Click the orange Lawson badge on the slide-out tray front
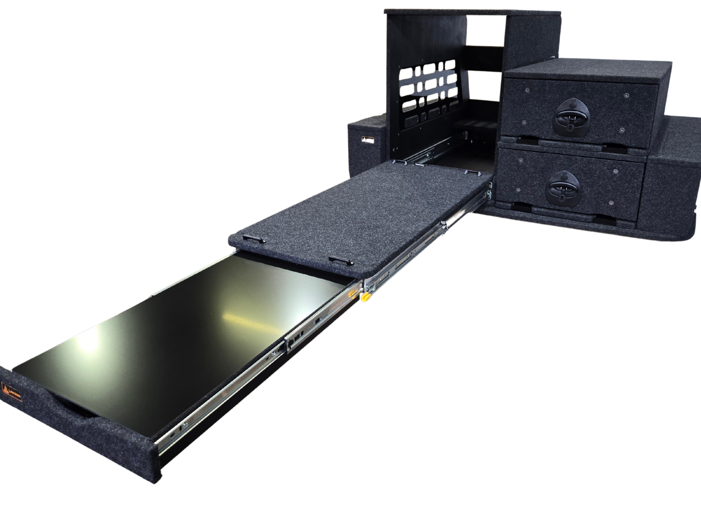click(12, 392)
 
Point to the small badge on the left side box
click(367, 140)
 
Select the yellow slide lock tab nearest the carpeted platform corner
click(366, 297)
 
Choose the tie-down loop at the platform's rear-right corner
click(471, 172)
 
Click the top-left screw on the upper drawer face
click(528, 90)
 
